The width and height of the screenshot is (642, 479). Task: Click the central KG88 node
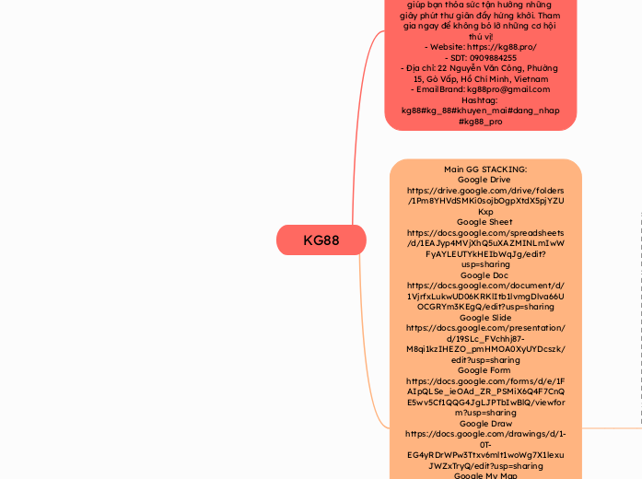321,240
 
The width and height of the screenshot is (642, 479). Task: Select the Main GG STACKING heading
485,169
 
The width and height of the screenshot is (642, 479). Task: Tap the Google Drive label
485,180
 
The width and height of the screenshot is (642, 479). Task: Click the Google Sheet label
485,222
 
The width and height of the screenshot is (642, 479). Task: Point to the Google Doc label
485,275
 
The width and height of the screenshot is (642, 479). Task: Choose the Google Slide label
485,317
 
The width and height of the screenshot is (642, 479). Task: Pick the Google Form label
485,369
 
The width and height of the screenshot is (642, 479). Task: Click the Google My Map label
485,475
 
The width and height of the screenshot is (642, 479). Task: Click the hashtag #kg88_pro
480,121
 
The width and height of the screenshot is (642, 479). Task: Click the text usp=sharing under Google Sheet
485,264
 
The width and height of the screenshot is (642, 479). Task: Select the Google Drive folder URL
485,200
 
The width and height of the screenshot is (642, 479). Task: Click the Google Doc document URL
485,296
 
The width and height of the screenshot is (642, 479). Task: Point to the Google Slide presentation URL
485,338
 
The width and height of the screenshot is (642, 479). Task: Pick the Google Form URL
485,391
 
